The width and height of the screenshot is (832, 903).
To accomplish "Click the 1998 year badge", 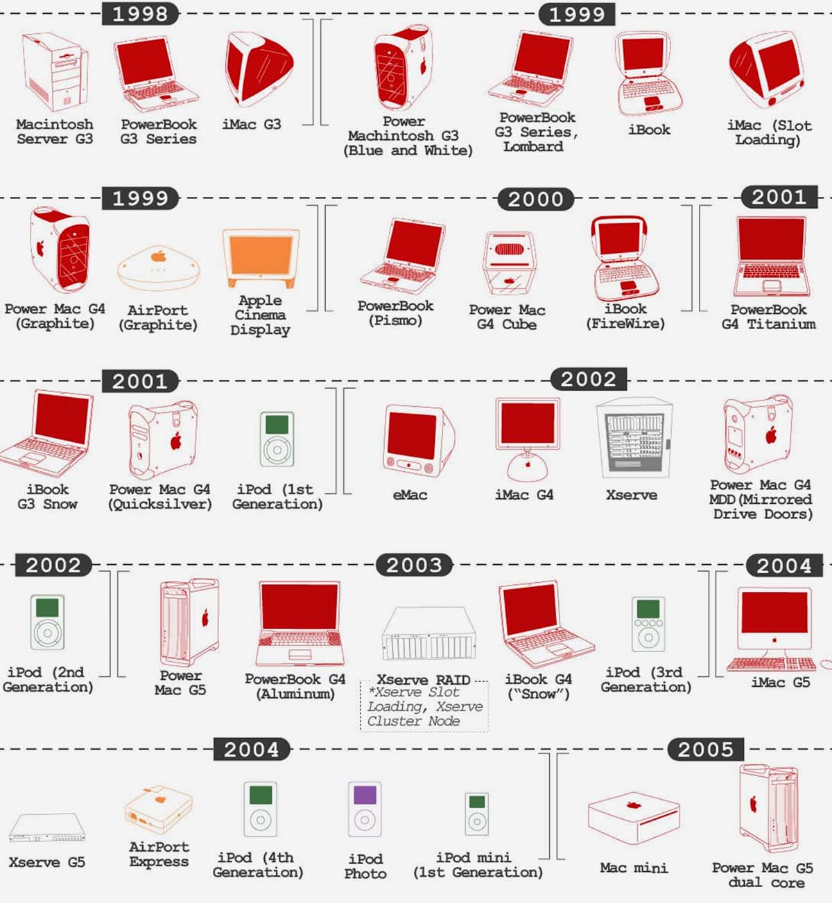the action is [140, 13].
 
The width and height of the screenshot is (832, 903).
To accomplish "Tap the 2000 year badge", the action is [535, 199].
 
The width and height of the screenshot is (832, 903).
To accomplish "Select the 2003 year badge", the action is [414, 565].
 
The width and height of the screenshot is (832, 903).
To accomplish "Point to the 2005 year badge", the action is [705, 750].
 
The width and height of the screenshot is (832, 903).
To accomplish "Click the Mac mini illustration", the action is [634, 818].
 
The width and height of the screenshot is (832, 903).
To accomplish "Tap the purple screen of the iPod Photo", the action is [365, 795].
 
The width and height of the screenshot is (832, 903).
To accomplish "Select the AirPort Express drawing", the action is [159, 809].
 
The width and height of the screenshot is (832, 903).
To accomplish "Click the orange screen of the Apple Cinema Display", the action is [261, 255].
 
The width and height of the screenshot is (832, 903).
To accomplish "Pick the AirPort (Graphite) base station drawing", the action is [159, 268].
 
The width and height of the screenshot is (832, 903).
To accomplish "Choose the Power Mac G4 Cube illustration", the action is [509, 263].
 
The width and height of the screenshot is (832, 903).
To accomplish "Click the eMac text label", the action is [410, 496].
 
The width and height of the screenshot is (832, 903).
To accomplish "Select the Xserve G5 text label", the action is [47, 862].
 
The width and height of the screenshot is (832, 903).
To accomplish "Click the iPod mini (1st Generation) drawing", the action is [476, 814].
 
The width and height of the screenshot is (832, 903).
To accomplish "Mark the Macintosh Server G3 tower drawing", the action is [55, 72].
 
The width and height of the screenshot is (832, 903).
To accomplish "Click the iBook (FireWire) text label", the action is [625, 316].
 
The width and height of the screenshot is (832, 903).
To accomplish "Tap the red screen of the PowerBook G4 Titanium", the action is [772, 239].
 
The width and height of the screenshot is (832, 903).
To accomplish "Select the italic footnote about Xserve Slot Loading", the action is [424, 706].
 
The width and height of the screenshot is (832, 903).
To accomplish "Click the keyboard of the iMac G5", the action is [771, 664].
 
